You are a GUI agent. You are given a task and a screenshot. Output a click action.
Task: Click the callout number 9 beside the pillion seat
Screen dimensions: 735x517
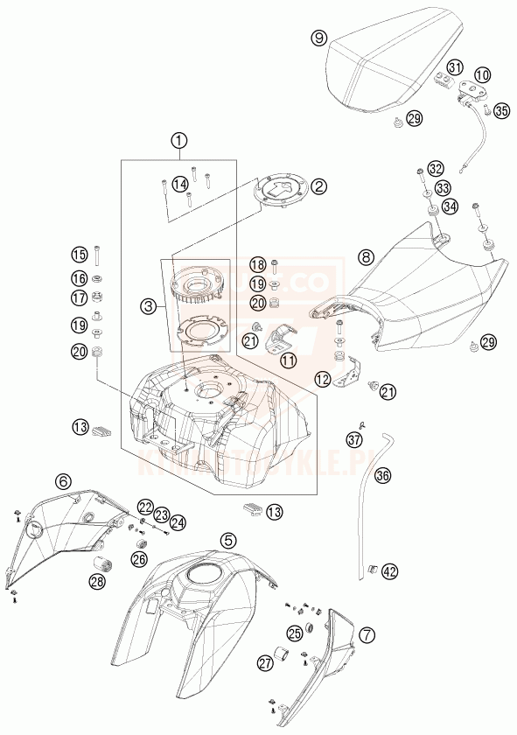319,38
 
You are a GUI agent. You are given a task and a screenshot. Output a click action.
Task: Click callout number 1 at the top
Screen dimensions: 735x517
179,140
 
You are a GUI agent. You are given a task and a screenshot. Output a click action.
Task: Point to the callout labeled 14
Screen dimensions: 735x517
179,184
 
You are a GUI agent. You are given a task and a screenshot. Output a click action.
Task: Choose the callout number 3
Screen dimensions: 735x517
150,306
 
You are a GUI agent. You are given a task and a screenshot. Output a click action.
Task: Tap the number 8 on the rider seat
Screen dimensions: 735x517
366,257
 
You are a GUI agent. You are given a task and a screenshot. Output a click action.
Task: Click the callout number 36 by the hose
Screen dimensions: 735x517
382,476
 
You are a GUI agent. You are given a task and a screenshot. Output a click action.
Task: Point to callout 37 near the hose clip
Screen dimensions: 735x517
353,438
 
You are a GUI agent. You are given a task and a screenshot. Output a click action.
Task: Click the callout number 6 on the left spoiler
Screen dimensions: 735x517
62,480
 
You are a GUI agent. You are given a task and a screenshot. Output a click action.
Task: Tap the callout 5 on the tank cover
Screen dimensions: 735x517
227,540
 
